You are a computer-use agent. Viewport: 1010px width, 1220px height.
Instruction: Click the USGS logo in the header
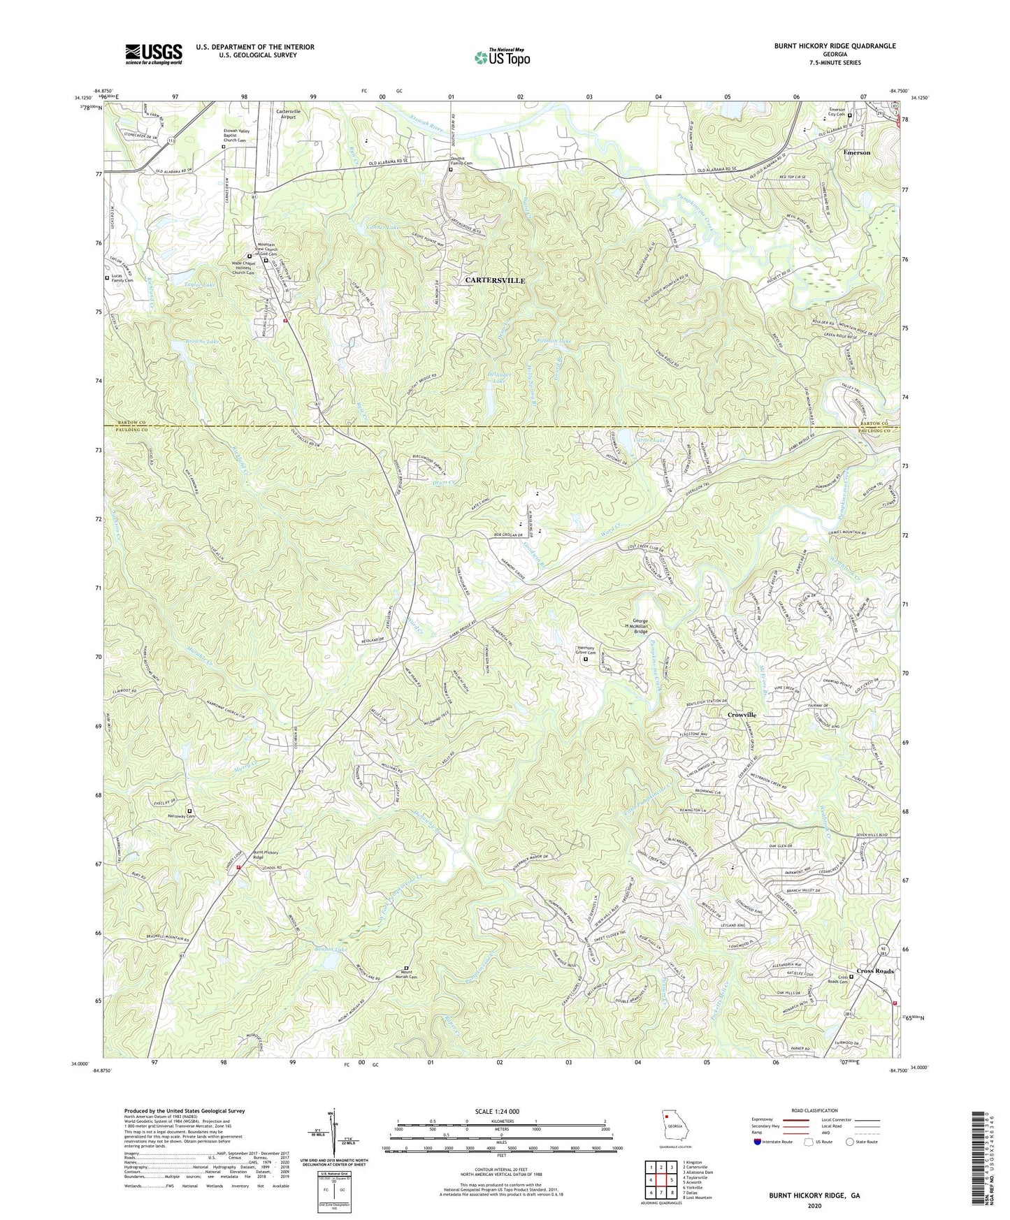coord(154,54)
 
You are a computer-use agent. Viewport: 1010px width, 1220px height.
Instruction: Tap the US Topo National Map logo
coord(501,57)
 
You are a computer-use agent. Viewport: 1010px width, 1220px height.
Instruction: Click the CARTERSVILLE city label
coord(495,280)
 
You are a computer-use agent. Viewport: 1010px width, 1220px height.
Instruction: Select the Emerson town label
coord(856,152)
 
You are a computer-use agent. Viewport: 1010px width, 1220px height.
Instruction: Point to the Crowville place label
coord(742,715)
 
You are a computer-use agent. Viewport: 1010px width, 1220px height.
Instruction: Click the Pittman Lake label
coord(553,341)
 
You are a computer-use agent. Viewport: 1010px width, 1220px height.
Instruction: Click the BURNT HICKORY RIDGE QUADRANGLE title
coord(835,46)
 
